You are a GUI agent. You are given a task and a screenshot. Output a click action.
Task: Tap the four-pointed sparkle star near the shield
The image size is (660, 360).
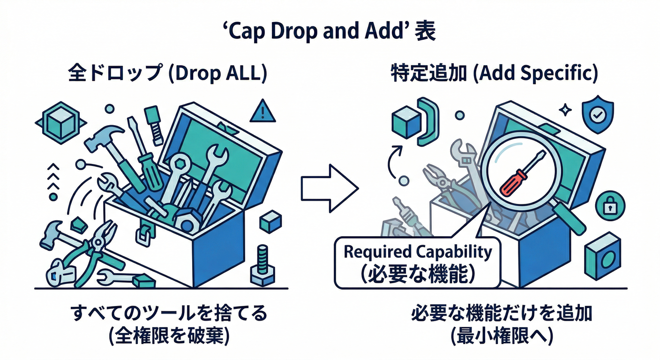pyautogui.click(x=566, y=109)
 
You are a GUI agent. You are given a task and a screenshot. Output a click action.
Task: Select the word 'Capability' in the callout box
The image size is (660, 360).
pyautogui.click(x=454, y=252)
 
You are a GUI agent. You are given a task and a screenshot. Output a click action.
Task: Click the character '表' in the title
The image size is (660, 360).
pyautogui.click(x=426, y=33)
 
